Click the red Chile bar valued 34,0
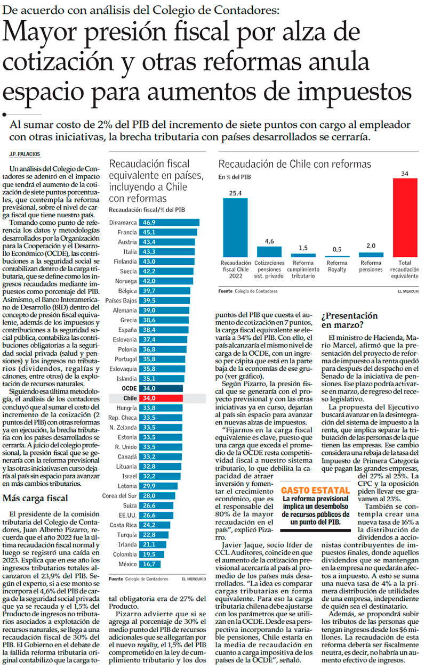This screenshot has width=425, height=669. coord(161,398)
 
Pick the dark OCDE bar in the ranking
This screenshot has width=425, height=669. coord(161,388)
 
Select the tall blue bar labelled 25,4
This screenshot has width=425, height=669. coord(235,227)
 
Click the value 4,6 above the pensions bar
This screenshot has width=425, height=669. coord(269,241)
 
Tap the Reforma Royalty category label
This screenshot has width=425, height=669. coord(336,266)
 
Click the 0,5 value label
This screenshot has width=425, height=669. coord(337,249)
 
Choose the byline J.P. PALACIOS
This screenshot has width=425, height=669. coord(25,154)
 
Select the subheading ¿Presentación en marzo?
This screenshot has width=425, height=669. coord(350,320)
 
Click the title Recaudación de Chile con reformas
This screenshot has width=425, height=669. coord(295,164)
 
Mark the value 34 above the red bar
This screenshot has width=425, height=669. coord(405,174)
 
